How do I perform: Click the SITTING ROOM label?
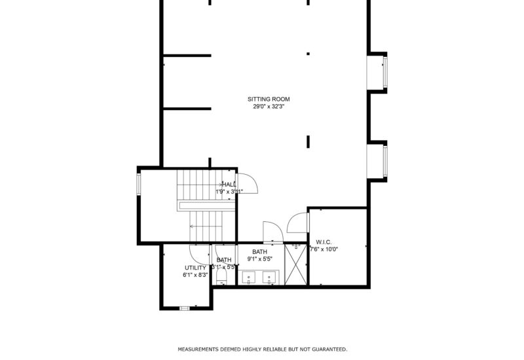[269, 99]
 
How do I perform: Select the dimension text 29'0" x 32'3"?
[269, 106]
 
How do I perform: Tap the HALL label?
[229, 185]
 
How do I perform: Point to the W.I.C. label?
[324, 242]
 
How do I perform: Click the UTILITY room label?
[195, 268]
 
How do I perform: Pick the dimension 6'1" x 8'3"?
[195, 275]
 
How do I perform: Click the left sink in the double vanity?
[250, 278]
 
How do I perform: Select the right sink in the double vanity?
[269, 278]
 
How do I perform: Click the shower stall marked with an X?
[296, 265]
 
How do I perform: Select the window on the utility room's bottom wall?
[185, 308]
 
